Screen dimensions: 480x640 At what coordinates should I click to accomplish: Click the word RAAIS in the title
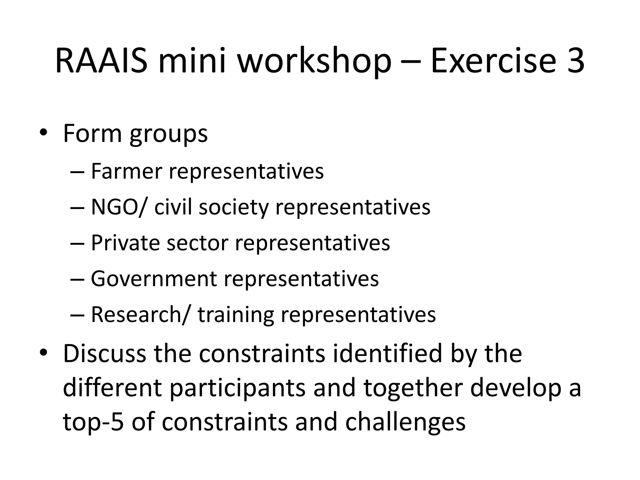101,61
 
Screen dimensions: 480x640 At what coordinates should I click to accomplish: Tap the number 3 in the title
574,61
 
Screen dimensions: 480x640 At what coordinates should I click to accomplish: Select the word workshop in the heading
314,61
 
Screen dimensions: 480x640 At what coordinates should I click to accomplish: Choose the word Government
154,278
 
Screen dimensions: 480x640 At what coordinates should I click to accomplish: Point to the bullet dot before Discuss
43,353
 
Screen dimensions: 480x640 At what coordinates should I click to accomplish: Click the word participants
238,388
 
